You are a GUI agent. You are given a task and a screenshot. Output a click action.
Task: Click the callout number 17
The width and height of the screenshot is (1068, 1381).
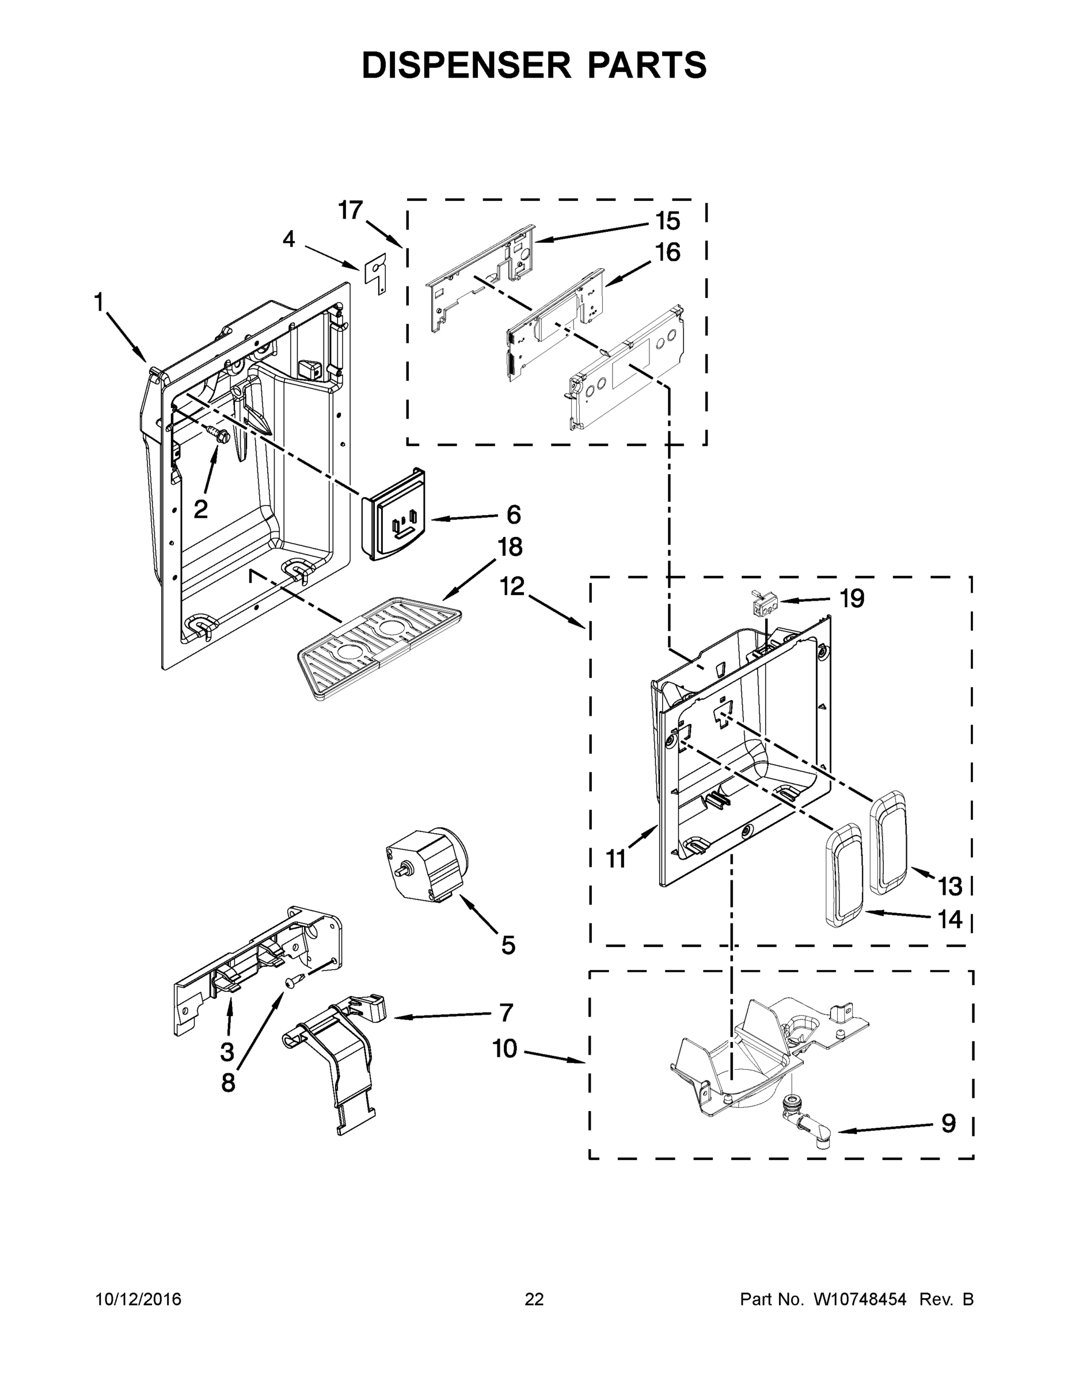pos(351,210)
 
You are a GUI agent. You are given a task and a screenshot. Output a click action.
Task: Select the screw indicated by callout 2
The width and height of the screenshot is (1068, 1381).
pos(218,435)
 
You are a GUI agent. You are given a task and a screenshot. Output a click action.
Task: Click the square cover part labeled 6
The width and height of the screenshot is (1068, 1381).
pos(394,516)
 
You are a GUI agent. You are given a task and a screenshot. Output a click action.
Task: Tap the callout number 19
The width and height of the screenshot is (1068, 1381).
pos(852,598)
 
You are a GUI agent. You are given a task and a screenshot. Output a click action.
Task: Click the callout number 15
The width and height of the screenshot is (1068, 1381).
pos(667,222)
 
